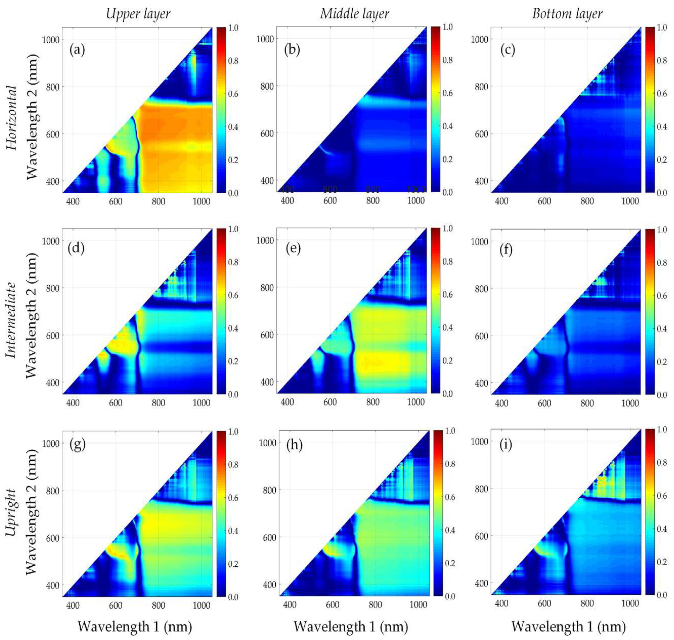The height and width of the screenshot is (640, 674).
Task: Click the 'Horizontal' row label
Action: pyautogui.click(x=12, y=118)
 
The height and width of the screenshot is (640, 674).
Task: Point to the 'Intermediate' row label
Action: pyautogui.click(x=12, y=320)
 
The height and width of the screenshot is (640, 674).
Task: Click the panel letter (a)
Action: pyautogui.click(x=77, y=50)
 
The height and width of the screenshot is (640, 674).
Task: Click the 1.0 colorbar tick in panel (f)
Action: pyautogui.click(x=662, y=230)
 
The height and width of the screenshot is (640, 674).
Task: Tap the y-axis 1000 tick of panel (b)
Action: pyautogui.click(x=265, y=39)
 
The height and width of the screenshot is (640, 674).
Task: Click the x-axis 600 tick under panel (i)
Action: pyautogui.click(x=544, y=604)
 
